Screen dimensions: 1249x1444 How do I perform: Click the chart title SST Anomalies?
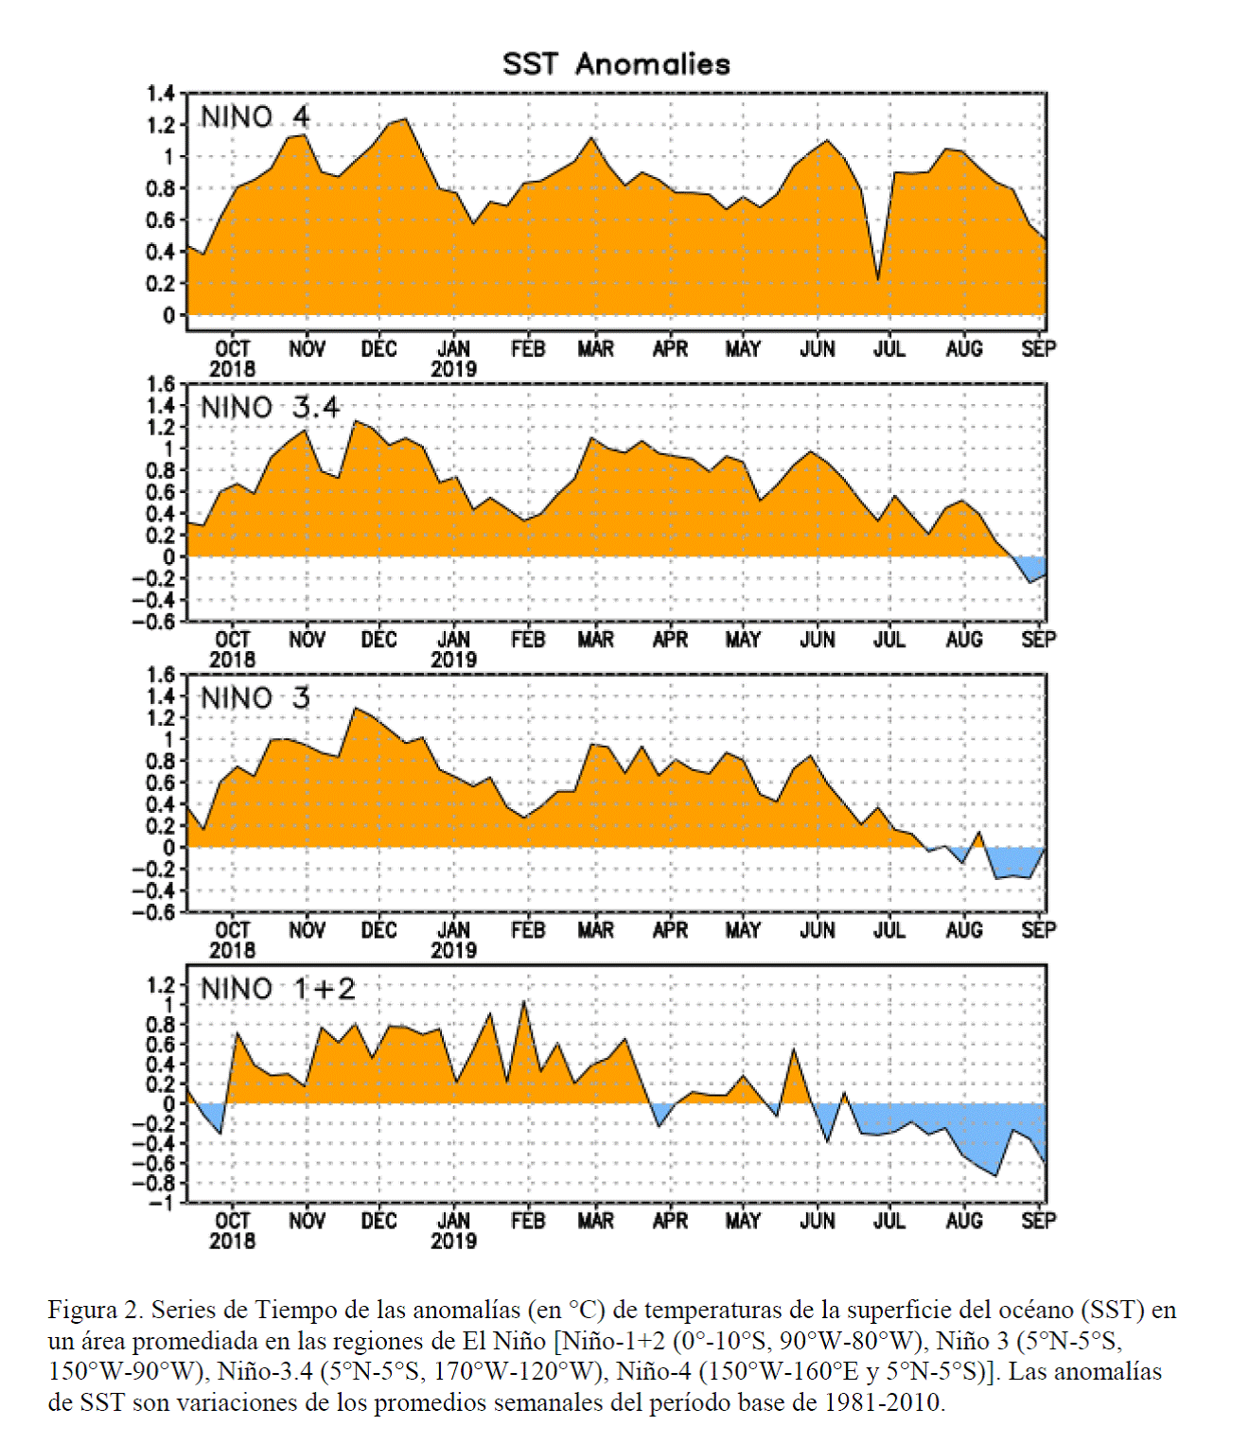[616, 64]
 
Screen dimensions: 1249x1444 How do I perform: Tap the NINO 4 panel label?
[255, 116]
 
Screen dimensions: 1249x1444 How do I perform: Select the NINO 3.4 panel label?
[271, 407]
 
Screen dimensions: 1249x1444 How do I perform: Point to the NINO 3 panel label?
[255, 698]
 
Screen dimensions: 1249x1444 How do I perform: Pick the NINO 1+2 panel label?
[278, 989]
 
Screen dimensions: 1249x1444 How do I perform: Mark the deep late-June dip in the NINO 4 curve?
[877, 279]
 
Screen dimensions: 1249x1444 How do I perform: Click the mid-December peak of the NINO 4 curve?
[406, 119]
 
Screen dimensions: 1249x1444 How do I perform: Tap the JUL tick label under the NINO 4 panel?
[889, 348]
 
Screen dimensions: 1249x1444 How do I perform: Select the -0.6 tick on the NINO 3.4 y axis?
[154, 621]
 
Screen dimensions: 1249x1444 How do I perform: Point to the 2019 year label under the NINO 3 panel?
[453, 950]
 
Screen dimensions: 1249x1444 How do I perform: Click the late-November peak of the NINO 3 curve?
[356, 709]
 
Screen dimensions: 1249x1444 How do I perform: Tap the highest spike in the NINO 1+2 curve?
[524, 1002]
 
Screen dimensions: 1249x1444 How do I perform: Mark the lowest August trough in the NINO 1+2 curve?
[996, 1176]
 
